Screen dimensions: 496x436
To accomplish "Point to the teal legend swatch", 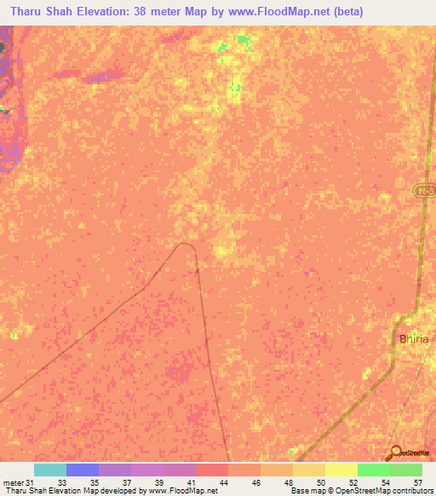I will [x=50, y=470].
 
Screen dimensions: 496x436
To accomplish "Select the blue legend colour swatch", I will [x=83, y=470].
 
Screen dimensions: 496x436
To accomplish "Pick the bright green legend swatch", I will [x=373, y=470].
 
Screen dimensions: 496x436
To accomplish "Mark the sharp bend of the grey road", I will [x=188, y=245].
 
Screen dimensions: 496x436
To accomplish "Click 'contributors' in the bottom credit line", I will [x=412, y=491].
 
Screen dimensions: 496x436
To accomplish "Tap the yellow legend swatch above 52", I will [x=341, y=470].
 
